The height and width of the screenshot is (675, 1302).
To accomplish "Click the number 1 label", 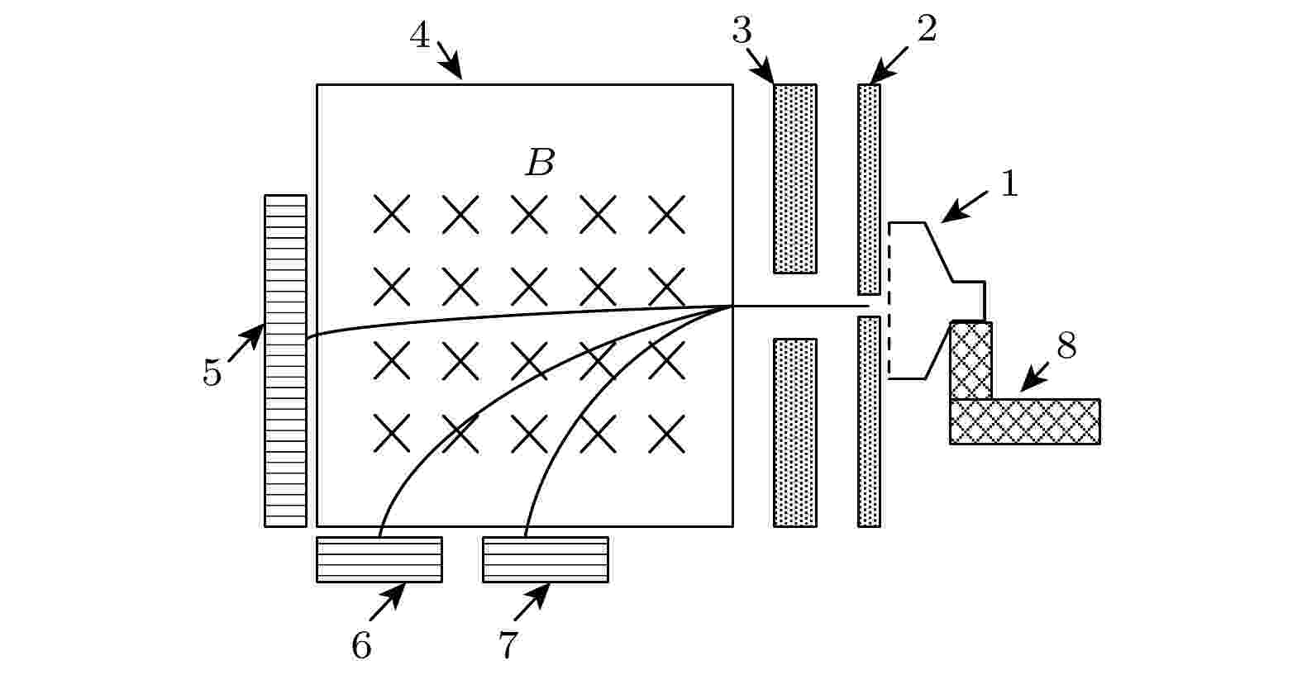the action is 1009,183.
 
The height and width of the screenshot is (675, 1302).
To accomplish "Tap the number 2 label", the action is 927,28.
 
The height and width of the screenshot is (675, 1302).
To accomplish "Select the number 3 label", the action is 741,30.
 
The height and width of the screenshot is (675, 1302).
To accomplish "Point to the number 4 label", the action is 420,35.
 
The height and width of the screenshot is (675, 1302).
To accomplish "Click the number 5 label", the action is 212,373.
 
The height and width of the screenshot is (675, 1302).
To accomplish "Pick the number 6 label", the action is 361,645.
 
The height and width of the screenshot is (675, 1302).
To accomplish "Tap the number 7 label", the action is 508,645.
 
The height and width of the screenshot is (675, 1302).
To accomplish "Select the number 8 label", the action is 1066,345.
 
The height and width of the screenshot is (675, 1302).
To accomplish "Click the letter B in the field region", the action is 541,162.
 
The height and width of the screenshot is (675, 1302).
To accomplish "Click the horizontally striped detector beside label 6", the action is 379,559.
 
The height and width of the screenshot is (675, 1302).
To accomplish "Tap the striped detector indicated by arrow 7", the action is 546,559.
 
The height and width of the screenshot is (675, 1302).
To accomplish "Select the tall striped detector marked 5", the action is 285,361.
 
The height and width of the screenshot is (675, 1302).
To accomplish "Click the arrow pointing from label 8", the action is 1035,377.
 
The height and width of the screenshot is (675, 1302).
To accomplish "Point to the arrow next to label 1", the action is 964,207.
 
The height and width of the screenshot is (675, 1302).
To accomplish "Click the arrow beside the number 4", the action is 450,59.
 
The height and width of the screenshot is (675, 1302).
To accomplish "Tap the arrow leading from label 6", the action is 388,601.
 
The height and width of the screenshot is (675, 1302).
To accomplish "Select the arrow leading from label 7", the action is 532,601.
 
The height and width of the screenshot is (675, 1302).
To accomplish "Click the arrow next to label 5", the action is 246,343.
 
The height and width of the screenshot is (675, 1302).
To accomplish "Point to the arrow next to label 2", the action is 888,65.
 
